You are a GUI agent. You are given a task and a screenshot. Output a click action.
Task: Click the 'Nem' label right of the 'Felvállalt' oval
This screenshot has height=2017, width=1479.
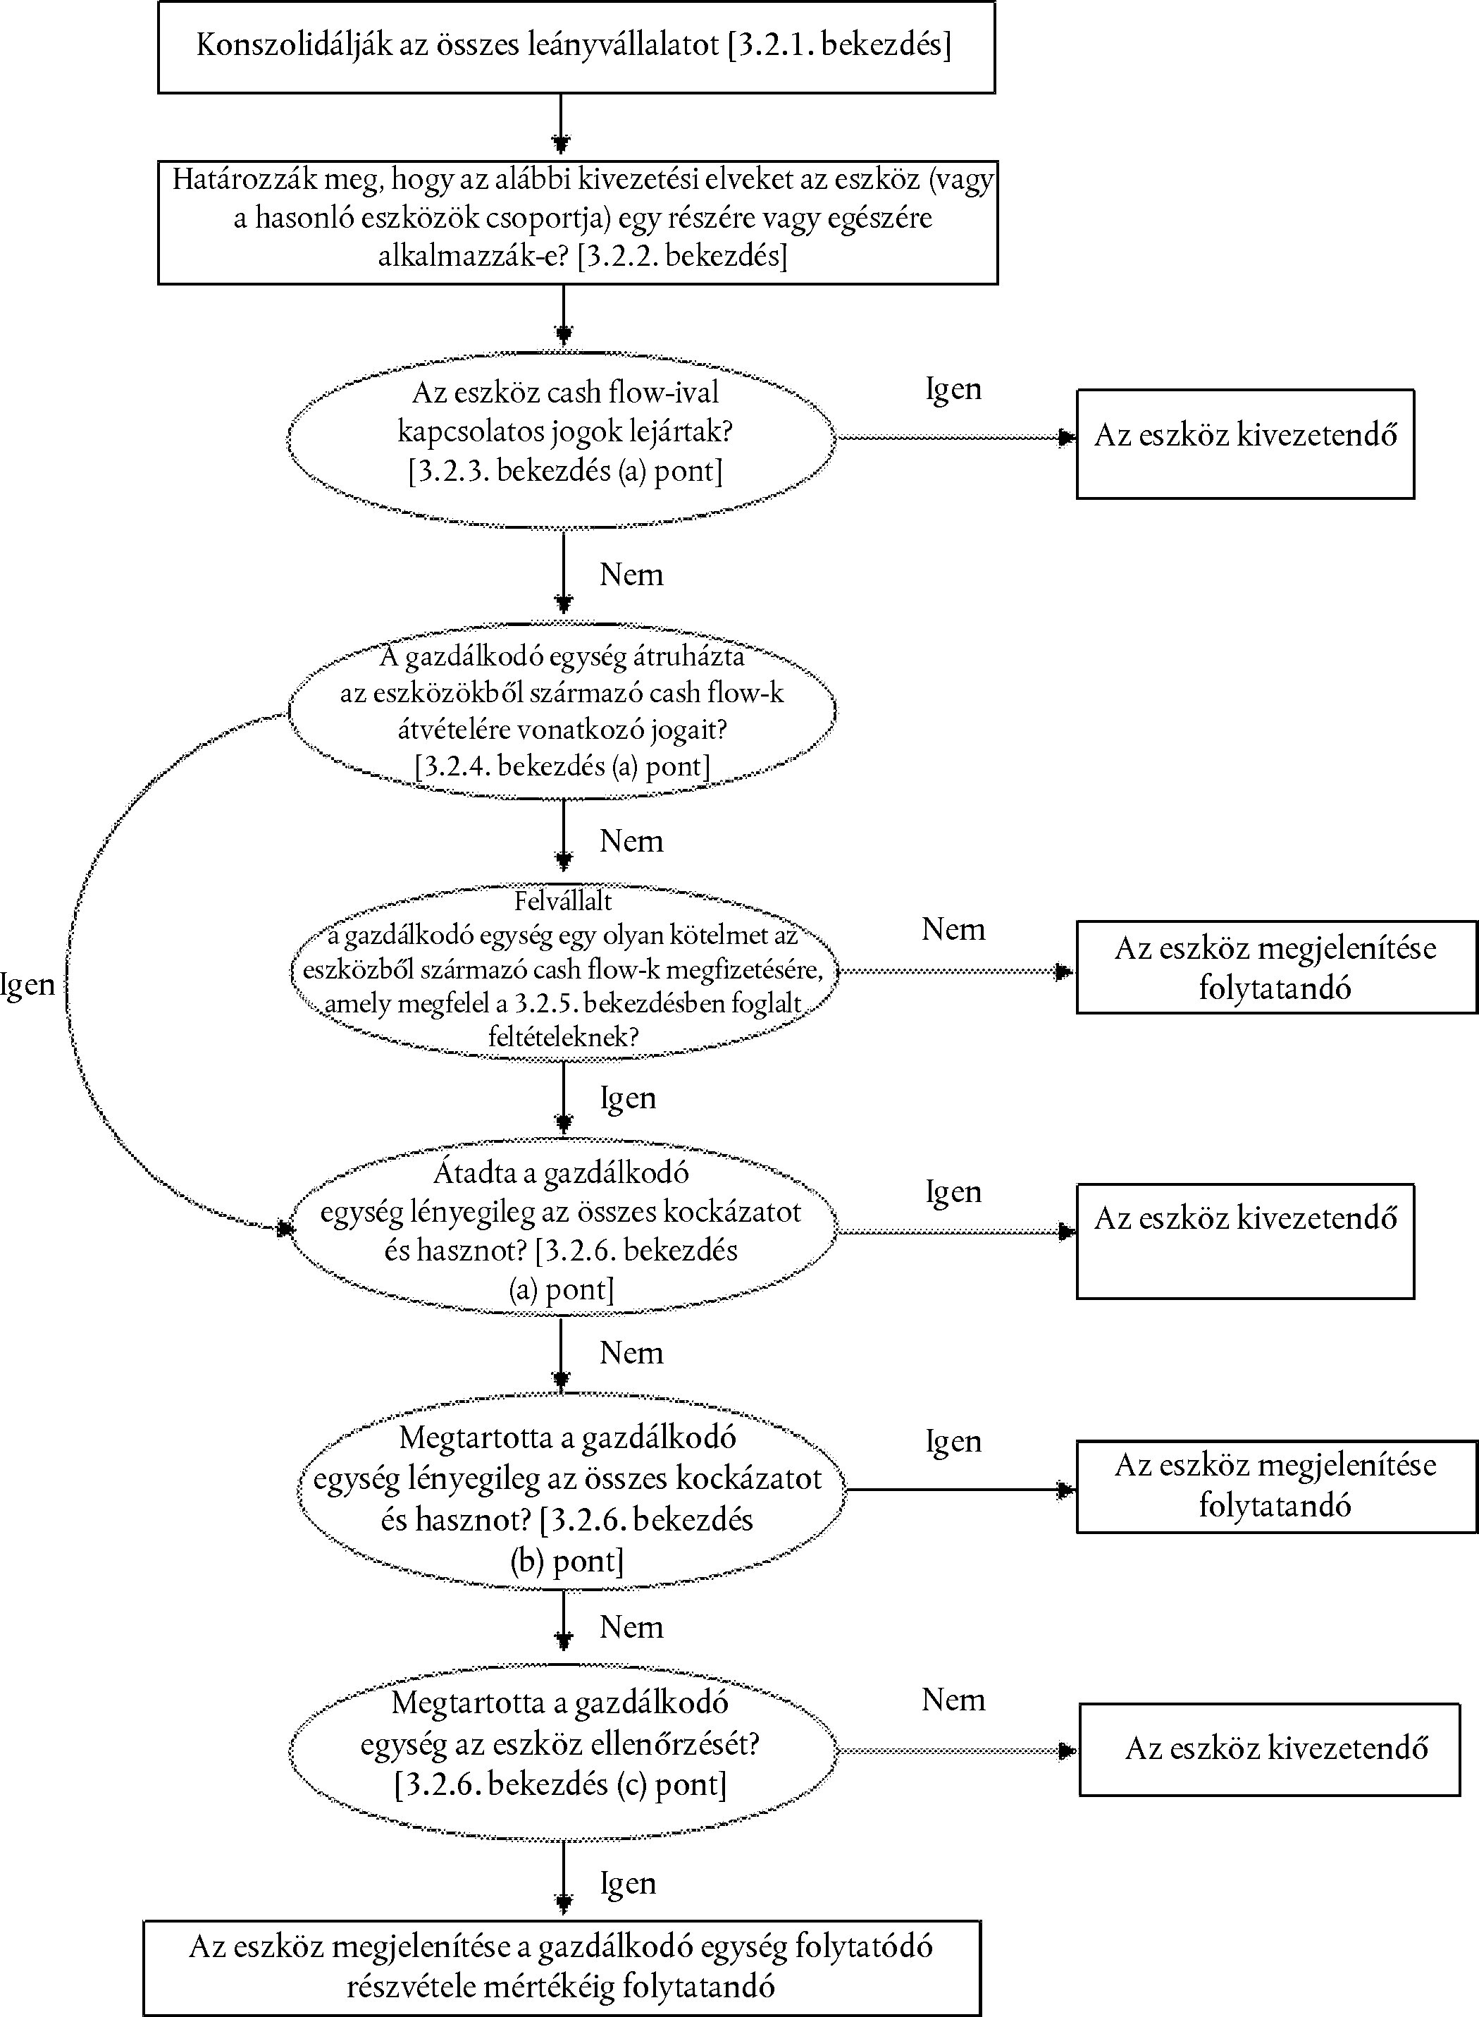click(x=953, y=930)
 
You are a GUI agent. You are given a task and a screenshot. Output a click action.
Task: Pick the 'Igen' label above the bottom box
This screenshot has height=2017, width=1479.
click(x=628, y=1884)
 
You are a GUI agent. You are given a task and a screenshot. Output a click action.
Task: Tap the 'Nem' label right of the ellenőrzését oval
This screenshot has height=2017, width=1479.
click(x=953, y=1700)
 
